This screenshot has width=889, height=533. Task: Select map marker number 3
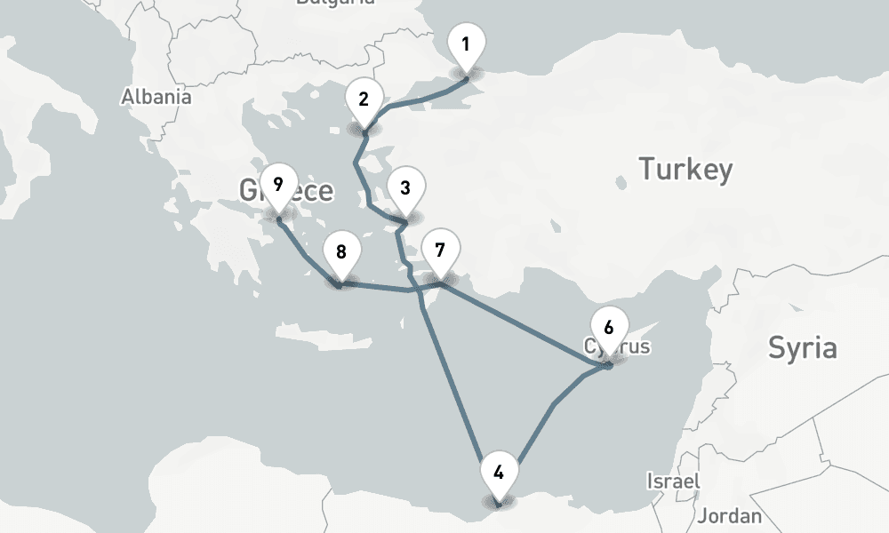[x=405, y=188]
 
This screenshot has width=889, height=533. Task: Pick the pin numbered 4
[x=499, y=473]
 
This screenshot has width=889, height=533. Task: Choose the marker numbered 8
[x=340, y=252]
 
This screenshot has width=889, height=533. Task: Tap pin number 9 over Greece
[x=278, y=186]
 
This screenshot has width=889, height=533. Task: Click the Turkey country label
[x=686, y=168]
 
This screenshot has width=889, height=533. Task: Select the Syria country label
[x=802, y=347]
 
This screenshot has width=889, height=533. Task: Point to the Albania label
[x=156, y=97]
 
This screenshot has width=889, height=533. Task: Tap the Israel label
[x=673, y=481]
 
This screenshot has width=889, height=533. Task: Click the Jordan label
[x=730, y=515]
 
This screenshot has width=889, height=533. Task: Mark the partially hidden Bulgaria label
[x=335, y=3]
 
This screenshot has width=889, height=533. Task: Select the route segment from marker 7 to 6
[x=525, y=324]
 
